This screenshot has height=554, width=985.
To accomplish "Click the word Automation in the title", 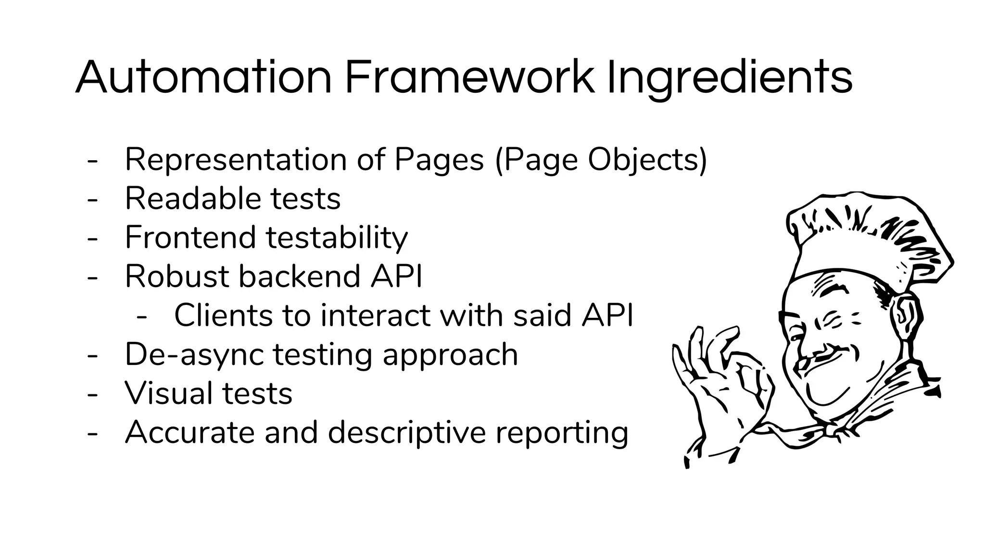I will pos(203,77).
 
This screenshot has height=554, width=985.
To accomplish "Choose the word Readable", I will pos(192,198).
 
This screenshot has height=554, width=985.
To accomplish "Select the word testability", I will pos(337,238).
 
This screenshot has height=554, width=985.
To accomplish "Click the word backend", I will pos(299,276).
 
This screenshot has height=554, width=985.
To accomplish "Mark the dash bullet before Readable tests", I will pos(92,199).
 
